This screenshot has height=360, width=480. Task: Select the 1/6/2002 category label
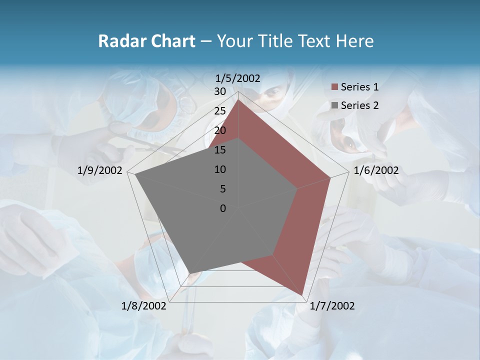pyautogui.click(x=376, y=170)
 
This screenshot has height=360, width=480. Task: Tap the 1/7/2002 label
pyautogui.click(x=332, y=306)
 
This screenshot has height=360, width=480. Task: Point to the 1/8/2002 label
pyautogui.click(x=144, y=306)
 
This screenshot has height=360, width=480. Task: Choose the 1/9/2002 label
pyautogui.click(x=100, y=170)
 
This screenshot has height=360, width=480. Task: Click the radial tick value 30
pyautogui.click(x=220, y=91)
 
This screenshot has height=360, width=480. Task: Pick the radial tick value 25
pyautogui.click(x=220, y=111)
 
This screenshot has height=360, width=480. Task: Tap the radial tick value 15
pyautogui.click(x=220, y=150)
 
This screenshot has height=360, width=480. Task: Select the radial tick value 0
pyautogui.click(x=223, y=208)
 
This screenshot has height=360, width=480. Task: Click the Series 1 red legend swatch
pyautogui.click(x=334, y=87)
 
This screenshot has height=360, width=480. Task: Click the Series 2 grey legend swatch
pyautogui.click(x=334, y=105)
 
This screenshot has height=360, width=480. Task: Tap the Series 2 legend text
pyautogui.click(x=359, y=105)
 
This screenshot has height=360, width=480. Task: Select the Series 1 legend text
pyautogui.click(x=359, y=87)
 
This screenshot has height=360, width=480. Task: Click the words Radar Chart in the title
pyautogui.click(x=146, y=41)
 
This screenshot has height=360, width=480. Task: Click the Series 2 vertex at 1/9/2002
pyautogui.click(x=135, y=174)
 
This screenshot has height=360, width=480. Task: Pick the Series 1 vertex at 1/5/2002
pyautogui.click(x=238, y=100)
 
